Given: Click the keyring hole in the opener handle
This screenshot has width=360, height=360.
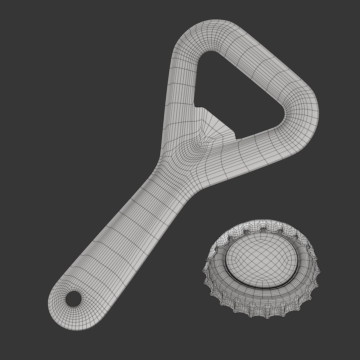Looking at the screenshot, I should point(73,299).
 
